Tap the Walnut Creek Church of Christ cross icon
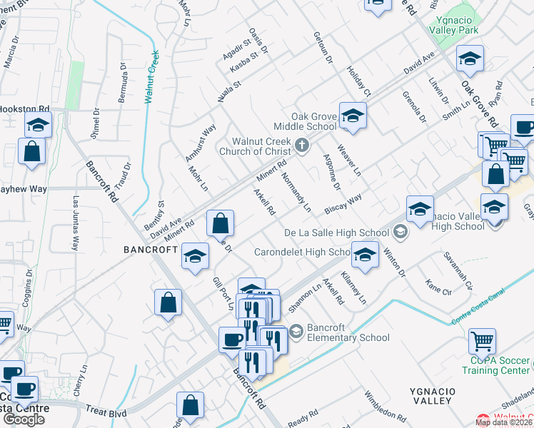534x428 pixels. click(x=302, y=146)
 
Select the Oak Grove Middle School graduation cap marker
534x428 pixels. click(x=352, y=116)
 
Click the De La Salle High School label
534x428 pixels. click(x=336, y=233)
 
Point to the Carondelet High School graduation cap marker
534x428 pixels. click(x=365, y=255)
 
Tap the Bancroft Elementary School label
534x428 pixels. click(x=348, y=333)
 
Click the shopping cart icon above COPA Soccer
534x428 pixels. click(x=482, y=340)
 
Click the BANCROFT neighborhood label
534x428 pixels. click(x=150, y=250)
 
